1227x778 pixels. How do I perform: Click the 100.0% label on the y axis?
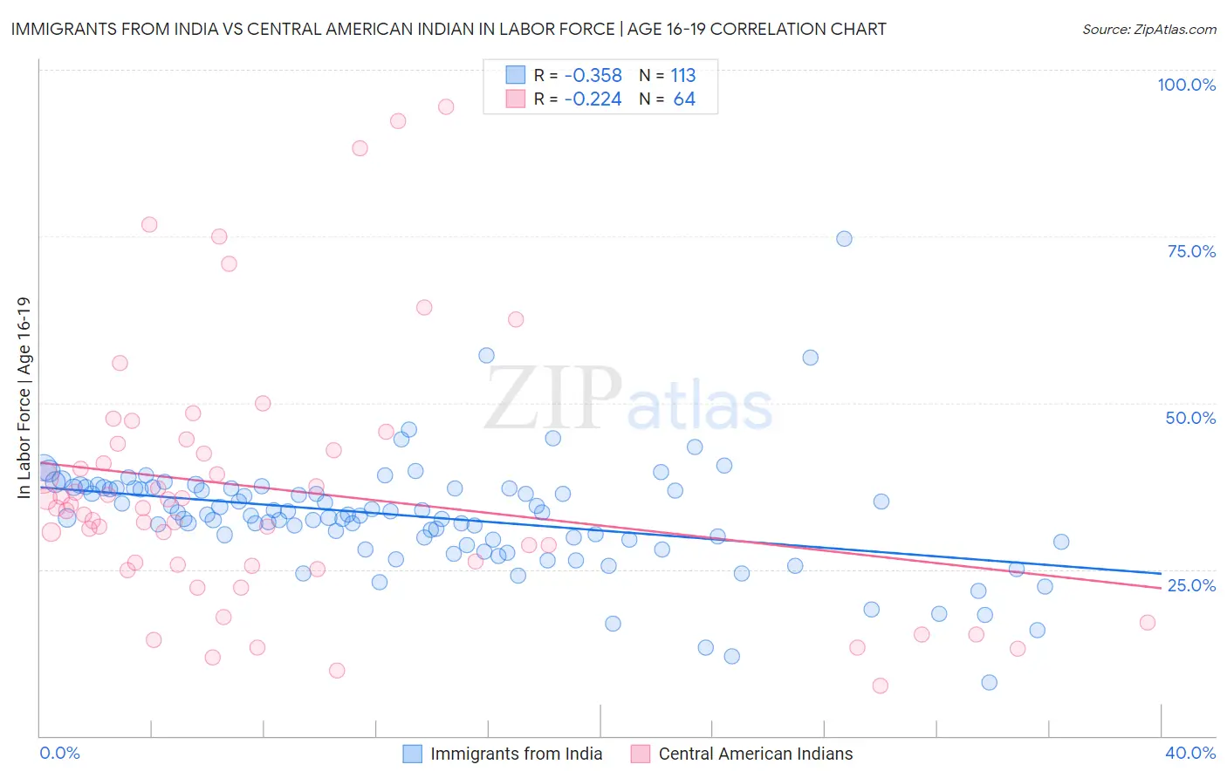click(1186, 85)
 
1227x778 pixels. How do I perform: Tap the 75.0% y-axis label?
click(1191, 251)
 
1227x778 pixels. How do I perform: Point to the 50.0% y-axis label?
click(1190, 418)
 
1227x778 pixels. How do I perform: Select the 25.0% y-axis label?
click(1191, 585)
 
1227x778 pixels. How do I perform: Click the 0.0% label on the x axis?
click(59, 753)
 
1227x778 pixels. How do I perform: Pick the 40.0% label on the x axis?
click(1190, 753)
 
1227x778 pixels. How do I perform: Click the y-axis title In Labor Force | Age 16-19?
click(24, 398)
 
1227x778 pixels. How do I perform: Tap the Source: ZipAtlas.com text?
click(1148, 29)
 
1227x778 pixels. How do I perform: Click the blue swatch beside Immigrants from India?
click(412, 754)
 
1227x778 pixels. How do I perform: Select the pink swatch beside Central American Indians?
click(641, 754)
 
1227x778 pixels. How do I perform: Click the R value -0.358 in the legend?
click(593, 76)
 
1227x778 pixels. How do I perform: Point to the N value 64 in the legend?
click(684, 99)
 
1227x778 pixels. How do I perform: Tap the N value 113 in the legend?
click(683, 76)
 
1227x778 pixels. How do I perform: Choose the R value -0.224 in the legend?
click(593, 99)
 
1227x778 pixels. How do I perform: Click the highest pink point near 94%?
click(446, 107)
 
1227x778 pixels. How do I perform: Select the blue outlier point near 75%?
click(844, 239)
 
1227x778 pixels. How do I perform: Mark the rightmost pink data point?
click(1148, 623)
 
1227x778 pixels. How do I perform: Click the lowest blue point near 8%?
click(989, 683)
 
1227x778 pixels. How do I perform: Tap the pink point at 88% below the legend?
click(360, 148)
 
